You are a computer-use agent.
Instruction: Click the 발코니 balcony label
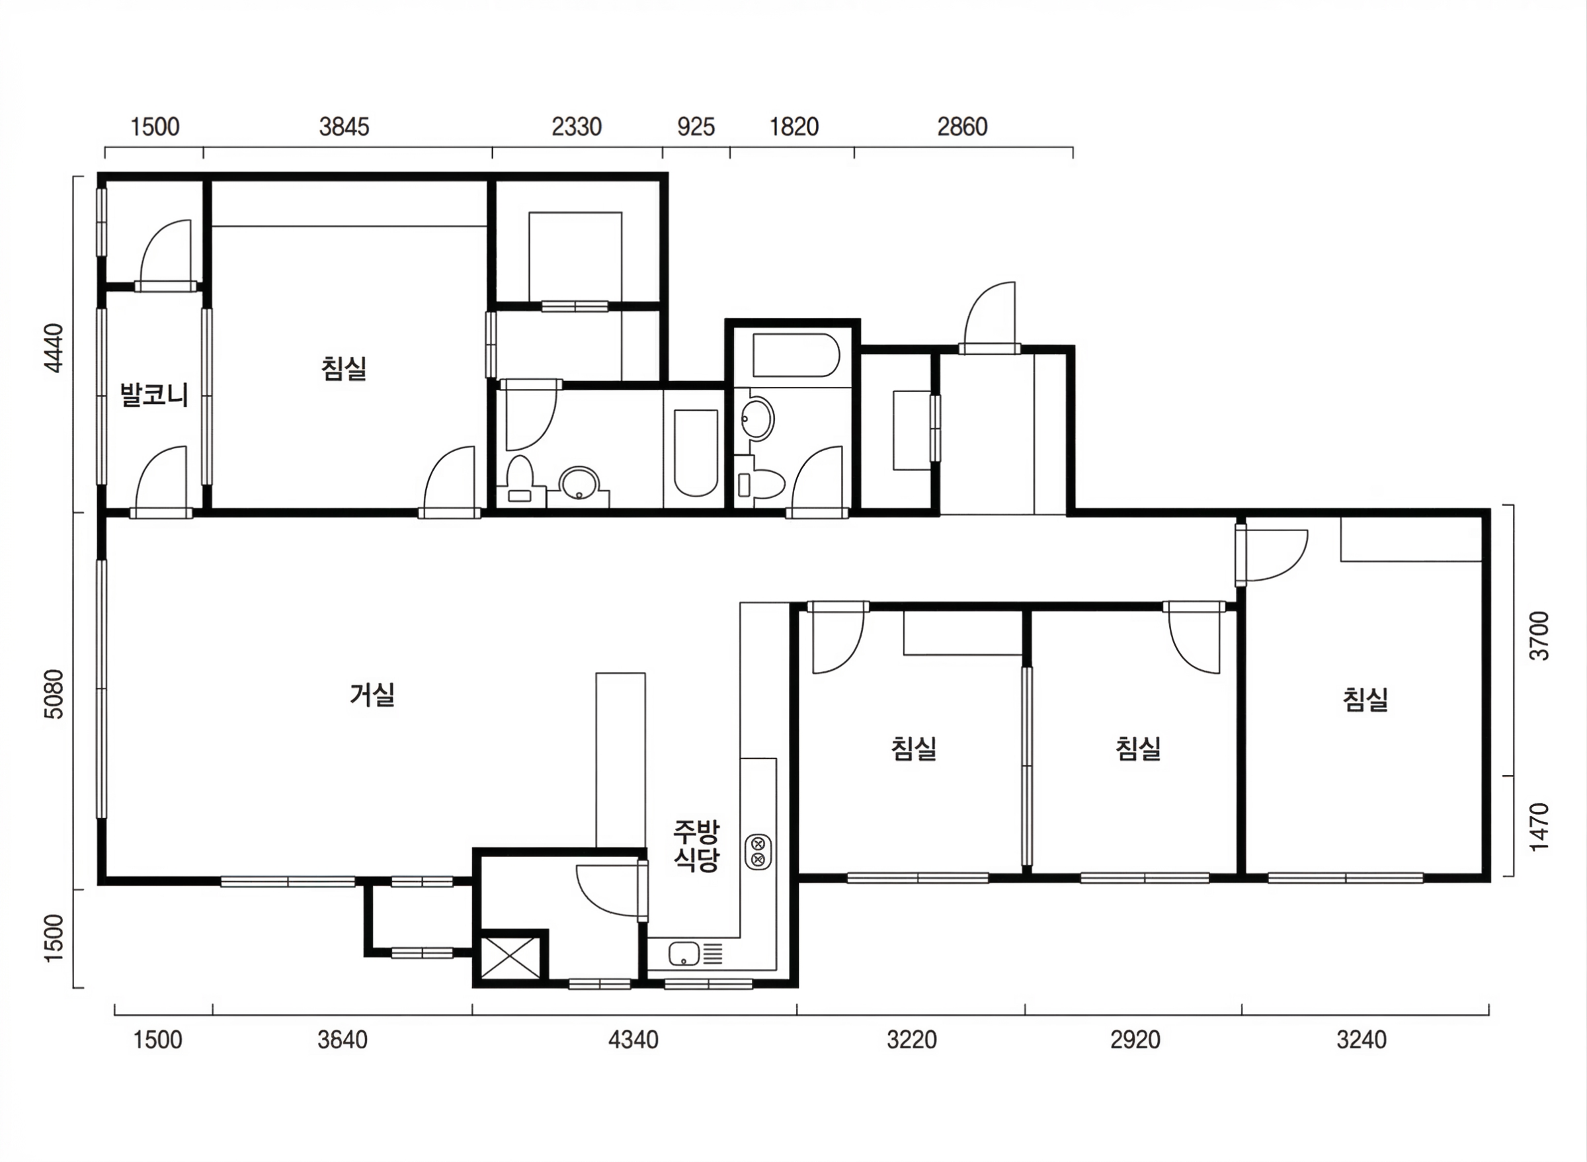pyautogui.click(x=154, y=394)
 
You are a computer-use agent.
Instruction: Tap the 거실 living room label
pyautogui.click(x=372, y=695)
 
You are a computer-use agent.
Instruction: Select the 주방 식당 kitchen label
pyautogui.click(x=696, y=846)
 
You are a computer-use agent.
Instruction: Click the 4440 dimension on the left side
pyautogui.click(x=54, y=347)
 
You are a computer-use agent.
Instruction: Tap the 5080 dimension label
pyautogui.click(x=54, y=694)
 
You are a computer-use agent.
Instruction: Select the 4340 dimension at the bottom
pyautogui.click(x=633, y=1040)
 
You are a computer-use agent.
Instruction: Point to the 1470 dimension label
pyautogui.click(x=1540, y=827)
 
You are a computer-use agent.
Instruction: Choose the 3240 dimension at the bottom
pyautogui.click(x=1362, y=1040)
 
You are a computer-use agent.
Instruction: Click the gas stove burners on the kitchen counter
pyautogui.click(x=758, y=852)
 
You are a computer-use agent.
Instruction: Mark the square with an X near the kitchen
pyautogui.click(x=510, y=958)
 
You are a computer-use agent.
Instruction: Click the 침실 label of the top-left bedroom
pyautogui.click(x=344, y=368)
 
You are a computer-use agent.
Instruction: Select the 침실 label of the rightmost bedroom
pyautogui.click(x=1365, y=700)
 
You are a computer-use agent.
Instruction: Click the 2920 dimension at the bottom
pyautogui.click(x=1135, y=1040)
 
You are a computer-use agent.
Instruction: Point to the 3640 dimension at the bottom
pyautogui.click(x=343, y=1040)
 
